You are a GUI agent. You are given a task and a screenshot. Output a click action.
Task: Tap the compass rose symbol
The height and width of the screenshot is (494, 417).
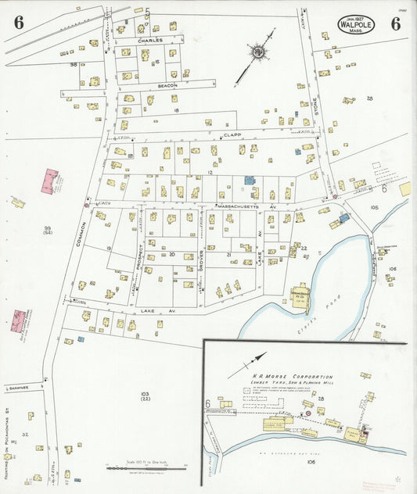[256, 52]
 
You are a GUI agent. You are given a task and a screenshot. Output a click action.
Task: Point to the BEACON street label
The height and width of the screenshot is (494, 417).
[167, 84]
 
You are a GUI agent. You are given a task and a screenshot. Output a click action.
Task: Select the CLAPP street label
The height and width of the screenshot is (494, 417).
[230, 134]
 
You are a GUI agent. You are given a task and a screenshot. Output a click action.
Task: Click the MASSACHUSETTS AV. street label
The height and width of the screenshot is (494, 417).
[246, 206]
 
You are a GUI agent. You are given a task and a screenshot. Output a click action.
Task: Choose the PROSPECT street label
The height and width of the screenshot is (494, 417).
[140, 257]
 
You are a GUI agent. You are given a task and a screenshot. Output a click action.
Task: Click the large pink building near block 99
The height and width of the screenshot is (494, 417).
[52, 181]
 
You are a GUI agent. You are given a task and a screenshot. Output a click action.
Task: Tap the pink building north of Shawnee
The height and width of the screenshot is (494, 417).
[20, 320]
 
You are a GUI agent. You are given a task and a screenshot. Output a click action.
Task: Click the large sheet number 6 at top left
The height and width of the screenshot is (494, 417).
[17, 23]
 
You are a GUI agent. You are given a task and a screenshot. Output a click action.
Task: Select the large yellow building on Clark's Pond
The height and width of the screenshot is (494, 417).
[300, 297]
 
